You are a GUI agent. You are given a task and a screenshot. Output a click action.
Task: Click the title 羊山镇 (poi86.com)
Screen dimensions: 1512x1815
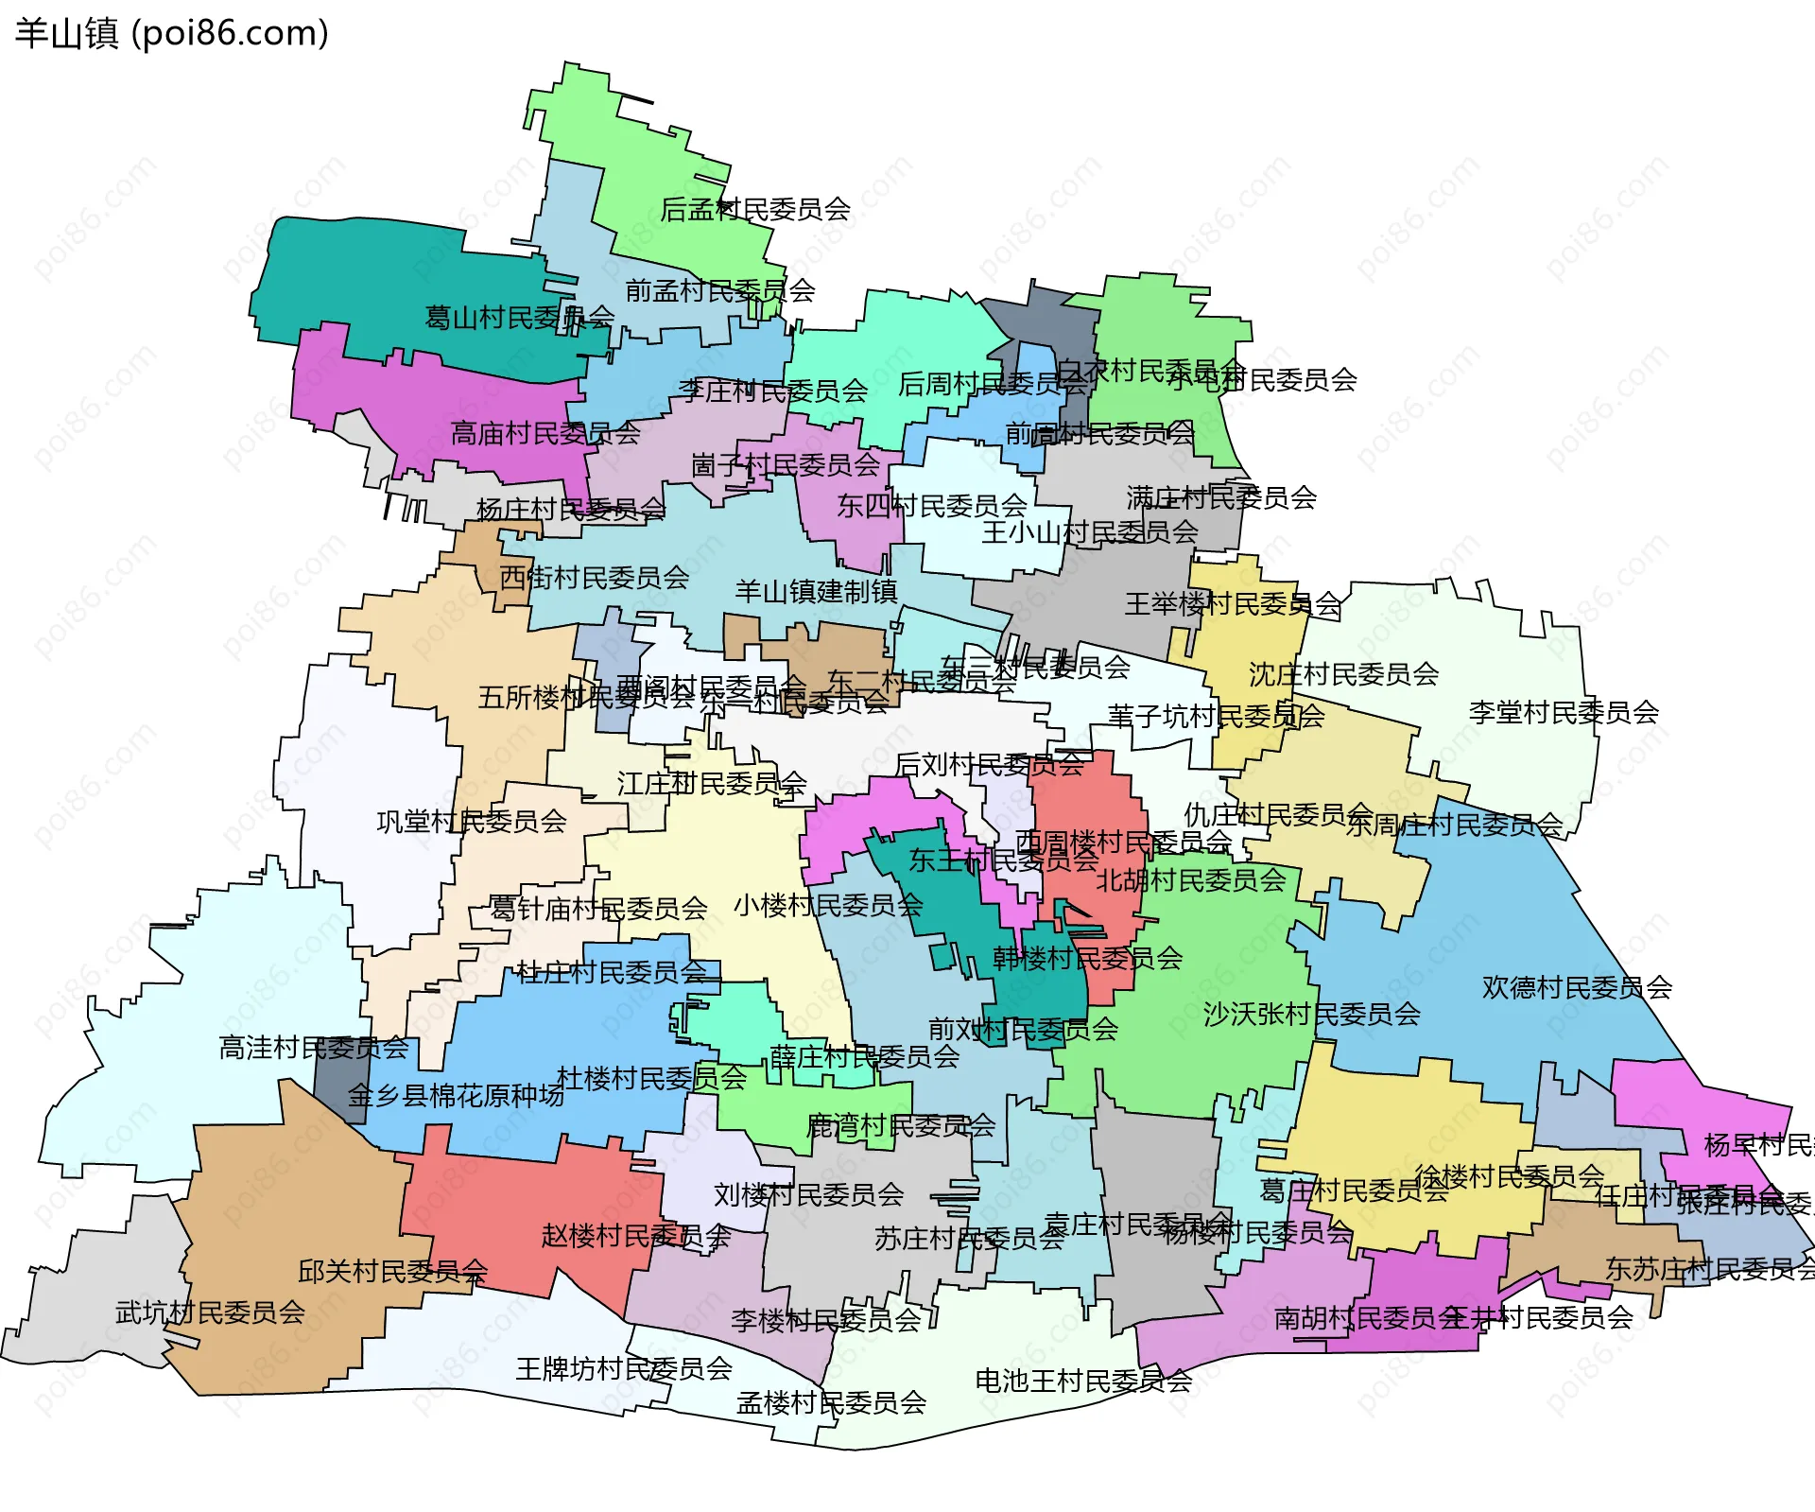172,34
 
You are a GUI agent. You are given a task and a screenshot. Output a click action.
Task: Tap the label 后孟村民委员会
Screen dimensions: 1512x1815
754,209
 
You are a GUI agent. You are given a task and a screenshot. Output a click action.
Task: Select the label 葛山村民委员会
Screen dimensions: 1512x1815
519,318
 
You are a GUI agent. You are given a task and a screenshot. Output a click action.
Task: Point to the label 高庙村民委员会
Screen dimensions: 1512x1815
545,434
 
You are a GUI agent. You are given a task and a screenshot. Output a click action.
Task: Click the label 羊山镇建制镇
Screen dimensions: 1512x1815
816,592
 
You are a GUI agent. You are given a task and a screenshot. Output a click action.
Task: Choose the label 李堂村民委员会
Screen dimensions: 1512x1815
1564,713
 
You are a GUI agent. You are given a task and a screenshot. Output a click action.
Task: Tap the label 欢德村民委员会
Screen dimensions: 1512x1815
1577,988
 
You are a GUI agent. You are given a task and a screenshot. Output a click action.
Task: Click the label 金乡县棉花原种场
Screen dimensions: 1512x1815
456,1096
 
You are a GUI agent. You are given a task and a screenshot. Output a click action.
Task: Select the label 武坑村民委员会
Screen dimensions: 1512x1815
210,1312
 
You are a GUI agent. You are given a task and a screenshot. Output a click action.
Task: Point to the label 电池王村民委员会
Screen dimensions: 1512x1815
1083,1382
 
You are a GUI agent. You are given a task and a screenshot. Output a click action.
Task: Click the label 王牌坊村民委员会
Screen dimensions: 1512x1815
624,1368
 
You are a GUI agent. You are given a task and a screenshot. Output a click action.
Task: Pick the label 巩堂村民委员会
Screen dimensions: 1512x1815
472,822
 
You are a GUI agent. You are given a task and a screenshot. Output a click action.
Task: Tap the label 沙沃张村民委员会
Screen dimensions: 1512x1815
1311,1015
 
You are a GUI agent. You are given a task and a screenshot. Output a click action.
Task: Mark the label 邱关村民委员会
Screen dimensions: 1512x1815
392,1272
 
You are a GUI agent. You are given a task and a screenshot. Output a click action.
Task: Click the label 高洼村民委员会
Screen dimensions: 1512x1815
314,1048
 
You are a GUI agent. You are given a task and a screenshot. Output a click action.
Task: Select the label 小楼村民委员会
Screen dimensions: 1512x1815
828,906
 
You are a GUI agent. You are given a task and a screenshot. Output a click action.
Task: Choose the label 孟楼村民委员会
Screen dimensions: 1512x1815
831,1403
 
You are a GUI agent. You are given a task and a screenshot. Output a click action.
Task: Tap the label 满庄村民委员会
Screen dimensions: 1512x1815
1221,497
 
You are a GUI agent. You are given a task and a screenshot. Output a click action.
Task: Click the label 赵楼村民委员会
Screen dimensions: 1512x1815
635,1236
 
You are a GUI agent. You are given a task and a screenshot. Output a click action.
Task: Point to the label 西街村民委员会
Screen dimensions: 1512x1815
594,578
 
